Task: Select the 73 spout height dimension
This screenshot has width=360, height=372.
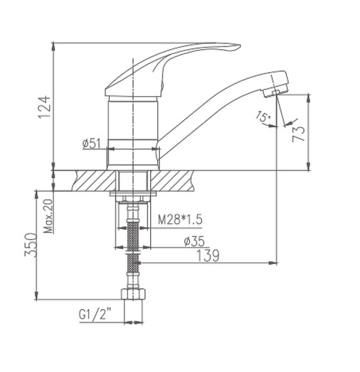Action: (297, 133)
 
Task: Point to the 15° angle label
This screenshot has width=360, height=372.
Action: (262, 117)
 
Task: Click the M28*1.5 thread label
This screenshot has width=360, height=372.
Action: (180, 220)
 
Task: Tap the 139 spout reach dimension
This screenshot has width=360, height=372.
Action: (207, 255)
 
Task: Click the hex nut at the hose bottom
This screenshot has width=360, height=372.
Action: (132, 296)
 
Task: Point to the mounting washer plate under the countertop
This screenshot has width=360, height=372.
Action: (133, 194)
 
